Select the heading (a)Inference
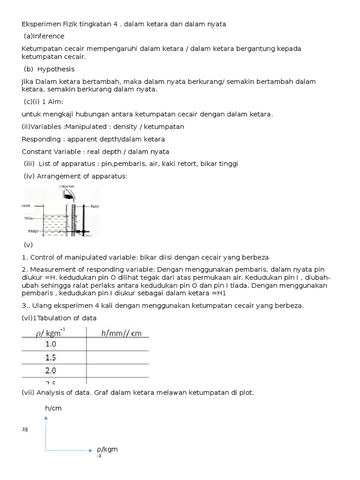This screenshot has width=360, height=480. click(x=44, y=36)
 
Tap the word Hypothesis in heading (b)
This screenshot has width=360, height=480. click(x=56, y=69)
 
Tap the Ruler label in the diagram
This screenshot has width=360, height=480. click(x=94, y=206)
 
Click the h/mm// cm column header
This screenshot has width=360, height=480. click(x=121, y=333)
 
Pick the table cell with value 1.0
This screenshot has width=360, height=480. click(x=51, y=344)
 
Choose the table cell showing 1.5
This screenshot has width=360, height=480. click(x=51, y=358)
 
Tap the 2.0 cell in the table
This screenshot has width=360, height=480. click(x=51, y=371)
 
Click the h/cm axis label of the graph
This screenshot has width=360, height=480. click(x=53, y=408)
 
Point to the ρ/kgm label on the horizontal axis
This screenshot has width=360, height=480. click(x=107, y=450)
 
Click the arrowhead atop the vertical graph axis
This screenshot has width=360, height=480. click(x=45, y=418)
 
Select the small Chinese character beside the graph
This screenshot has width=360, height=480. click(x=25, y=429)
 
